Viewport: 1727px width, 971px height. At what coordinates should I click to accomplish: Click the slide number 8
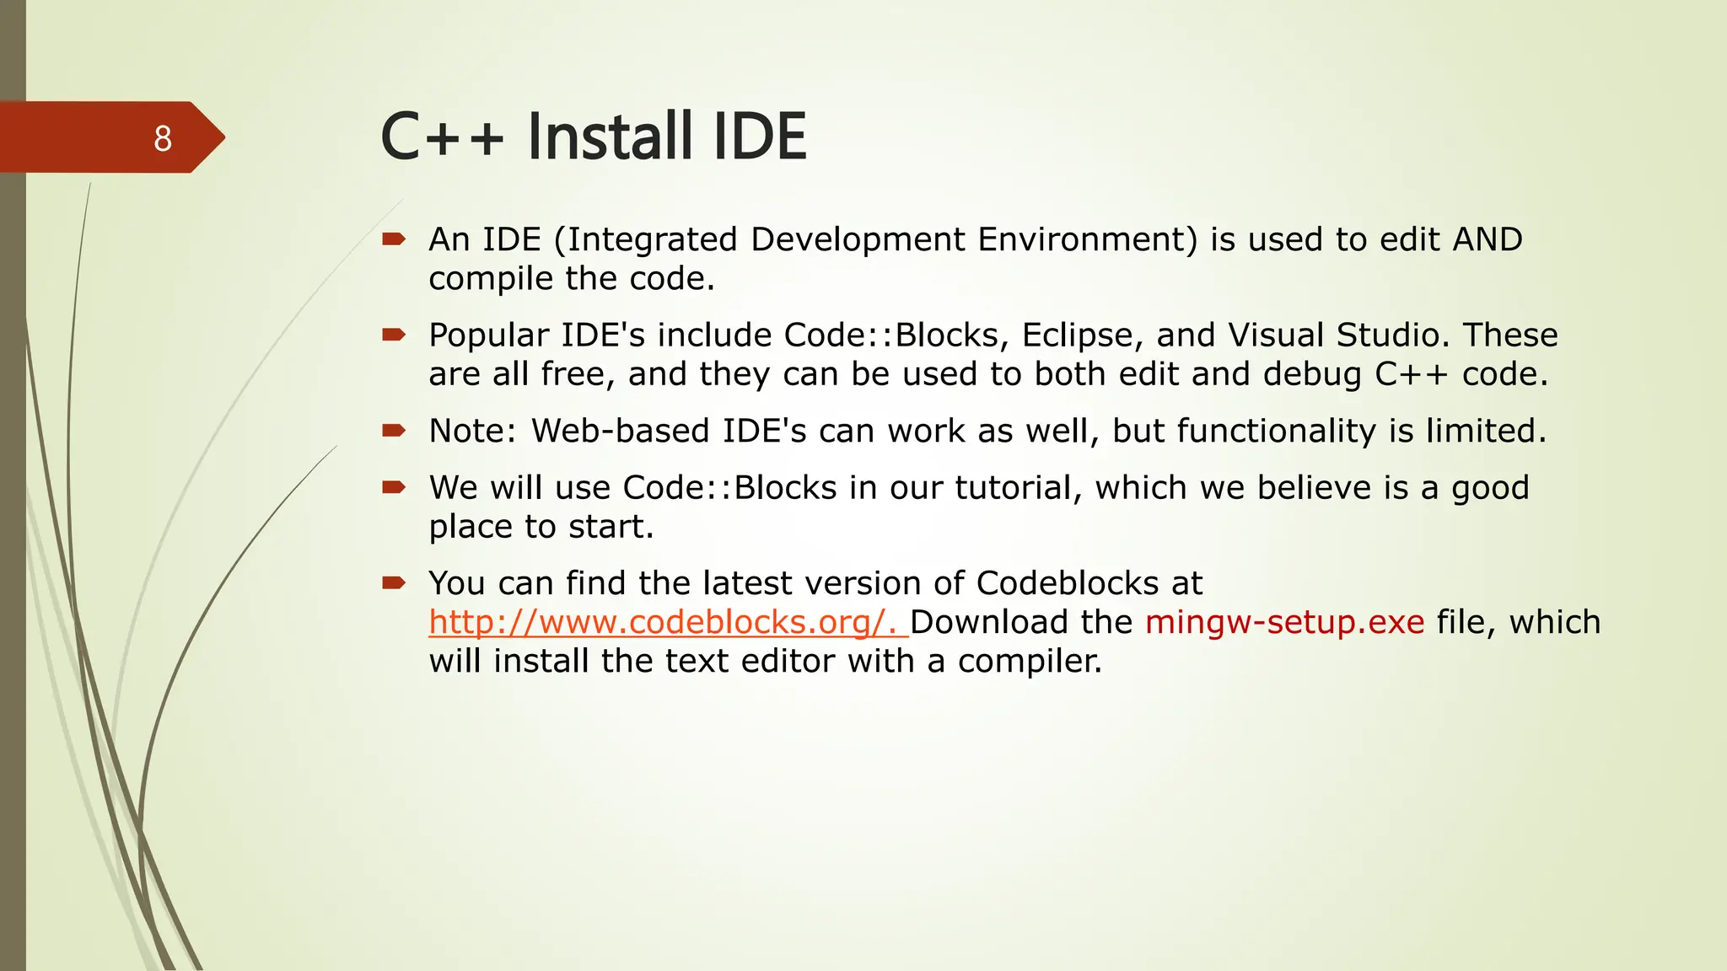[x=163, y=138]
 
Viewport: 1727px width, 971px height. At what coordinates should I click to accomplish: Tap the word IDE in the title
[x=760, y=137]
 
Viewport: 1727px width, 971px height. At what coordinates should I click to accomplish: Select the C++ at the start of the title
[x=442, y=138]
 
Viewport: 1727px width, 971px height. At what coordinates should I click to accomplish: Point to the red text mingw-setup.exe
[x=1284, y=622]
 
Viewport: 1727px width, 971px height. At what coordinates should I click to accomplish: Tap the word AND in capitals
[x=1488, y=239]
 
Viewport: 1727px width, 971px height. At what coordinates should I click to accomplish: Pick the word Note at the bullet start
[x=472, y=431]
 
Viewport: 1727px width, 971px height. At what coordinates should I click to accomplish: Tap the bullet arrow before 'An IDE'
[x=394, y=239]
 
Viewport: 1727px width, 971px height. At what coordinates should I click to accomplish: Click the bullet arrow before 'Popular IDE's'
[x=394, y=335]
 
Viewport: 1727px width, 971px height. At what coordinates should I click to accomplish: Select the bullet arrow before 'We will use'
[x=394, y=487]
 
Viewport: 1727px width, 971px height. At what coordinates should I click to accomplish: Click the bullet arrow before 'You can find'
[x=394, y=582]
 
